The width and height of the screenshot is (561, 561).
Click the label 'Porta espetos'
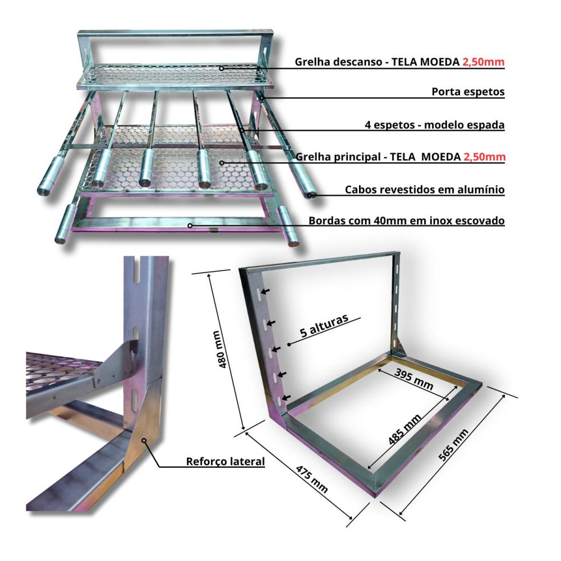(x=468, y=92)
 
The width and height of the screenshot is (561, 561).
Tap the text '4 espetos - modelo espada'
(x=435, y=125)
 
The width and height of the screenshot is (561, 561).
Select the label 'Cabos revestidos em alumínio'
(x=425, y=190)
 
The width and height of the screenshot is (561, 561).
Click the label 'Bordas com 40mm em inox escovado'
(x=406, y=220)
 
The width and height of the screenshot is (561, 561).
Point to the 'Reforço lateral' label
(x=226, y=462)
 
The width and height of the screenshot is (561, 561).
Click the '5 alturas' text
(x=324, y=325)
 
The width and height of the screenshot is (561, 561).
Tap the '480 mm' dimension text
(x=220, y=350)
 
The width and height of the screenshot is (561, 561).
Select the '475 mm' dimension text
(x=311, y=479)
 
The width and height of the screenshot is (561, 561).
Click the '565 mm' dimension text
(x=453, y=445)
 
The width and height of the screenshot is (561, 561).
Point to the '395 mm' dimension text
(x=414, y=379)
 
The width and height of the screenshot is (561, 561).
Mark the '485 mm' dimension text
(x=404, y=429)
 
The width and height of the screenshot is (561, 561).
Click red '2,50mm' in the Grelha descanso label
(x=484, y=62)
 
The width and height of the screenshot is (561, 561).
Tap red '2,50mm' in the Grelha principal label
(x=484, y=157)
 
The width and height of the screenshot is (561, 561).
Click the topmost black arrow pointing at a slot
(x=265, y=291)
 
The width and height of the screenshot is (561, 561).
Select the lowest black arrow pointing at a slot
(x=286, y=397)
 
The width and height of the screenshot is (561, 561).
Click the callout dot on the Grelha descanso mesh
(x=222, y=68)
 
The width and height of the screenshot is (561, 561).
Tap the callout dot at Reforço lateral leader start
(x=144, y=440)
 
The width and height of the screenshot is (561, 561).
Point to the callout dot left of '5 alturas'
(x=289, y=344)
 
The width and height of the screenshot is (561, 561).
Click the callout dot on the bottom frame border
(x=190, y=226)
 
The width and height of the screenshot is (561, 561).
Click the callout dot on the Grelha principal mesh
(x=222, y=163)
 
